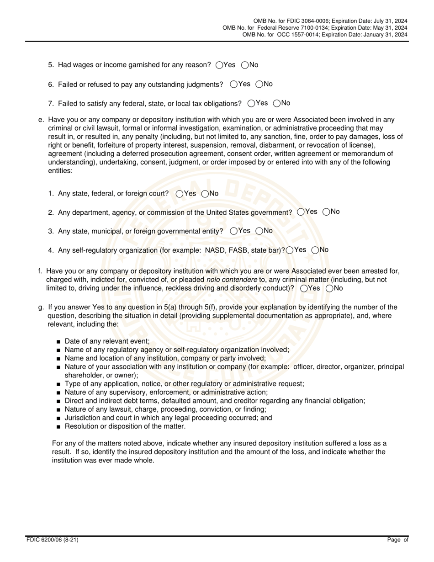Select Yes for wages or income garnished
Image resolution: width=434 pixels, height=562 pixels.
(x=219, y=65)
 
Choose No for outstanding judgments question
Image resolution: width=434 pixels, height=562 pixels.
(x=259, y=84)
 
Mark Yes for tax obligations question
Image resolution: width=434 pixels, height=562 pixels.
(x=251, y=103)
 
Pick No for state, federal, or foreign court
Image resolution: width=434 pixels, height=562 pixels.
(x=205, y=194)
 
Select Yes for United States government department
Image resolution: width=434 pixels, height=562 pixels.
(x=301, y=212)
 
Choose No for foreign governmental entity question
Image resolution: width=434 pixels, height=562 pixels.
(x=259, y=231)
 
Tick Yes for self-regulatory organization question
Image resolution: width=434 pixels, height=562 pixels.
(x=290, y=250)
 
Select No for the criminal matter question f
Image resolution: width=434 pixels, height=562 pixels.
(x=329, y=288)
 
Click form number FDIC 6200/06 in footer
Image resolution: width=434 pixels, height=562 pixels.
(x=52, y=540)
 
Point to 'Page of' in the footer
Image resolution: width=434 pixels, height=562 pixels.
(x=397, y=540)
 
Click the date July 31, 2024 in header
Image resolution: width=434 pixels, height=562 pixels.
(x=388, y=21)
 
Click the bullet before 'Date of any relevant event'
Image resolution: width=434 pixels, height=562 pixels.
(x=58, y=342)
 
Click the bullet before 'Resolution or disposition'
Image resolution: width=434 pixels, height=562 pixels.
(x=58, y=427)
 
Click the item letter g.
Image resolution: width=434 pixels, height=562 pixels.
(x=41, y=308)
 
